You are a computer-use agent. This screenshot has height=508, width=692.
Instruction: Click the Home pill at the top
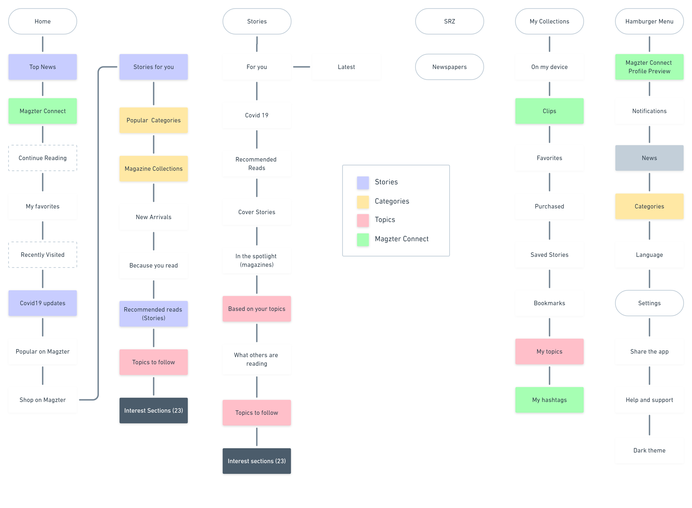43,21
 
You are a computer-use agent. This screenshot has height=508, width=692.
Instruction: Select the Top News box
43,67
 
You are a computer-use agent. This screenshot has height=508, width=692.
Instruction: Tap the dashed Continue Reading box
43,158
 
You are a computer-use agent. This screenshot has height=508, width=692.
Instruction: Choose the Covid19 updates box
43,303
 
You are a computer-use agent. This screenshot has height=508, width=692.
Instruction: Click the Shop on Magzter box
43,400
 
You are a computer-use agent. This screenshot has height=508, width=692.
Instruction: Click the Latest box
346,67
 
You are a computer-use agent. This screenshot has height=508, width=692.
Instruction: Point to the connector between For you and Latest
301,67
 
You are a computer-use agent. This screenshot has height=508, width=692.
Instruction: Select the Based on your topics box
257,309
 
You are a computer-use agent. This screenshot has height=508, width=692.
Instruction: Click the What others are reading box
257,359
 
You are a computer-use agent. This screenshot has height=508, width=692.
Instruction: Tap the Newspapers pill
449,67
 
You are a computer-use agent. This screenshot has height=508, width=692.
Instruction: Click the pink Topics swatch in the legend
363,220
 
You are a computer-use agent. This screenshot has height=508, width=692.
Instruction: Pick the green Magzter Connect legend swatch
363,240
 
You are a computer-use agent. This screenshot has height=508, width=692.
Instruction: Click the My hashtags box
549,400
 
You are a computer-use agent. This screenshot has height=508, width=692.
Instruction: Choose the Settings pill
649,303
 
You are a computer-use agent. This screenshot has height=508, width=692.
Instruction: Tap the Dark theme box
649,450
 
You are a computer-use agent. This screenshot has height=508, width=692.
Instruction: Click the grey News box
649,158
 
